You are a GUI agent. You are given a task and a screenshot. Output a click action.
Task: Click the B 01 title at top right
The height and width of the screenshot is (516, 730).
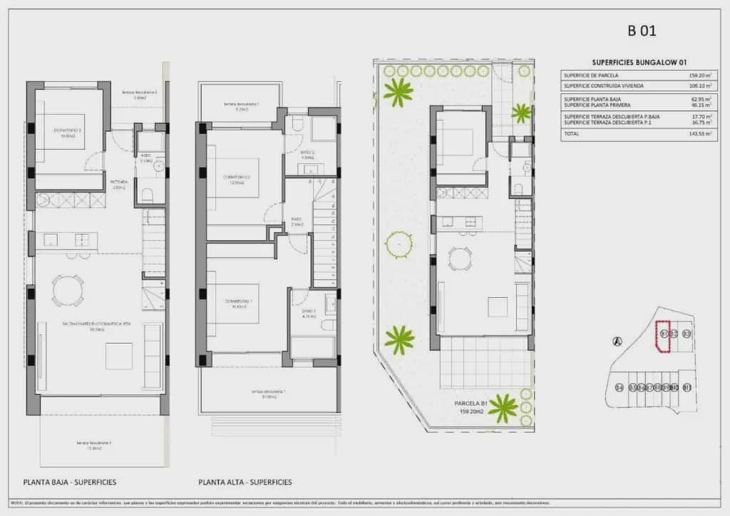click(x=641, y=31)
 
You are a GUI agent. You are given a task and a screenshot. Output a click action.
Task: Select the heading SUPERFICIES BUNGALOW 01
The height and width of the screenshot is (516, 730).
click(x=639, y=63)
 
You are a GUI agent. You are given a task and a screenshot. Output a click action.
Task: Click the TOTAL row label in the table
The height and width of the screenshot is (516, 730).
click(x=572, y=133)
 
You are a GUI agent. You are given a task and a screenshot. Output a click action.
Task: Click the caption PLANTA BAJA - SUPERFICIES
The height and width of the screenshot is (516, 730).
click(x=70, y=482)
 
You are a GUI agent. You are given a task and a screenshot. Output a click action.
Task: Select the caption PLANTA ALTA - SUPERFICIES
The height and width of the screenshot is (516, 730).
click(x=245, y=482)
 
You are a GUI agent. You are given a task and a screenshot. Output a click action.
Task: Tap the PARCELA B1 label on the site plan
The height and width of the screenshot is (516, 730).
click(x=471, y=403)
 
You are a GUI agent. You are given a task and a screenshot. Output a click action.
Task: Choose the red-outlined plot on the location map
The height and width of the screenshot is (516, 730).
click(x=663, y=336)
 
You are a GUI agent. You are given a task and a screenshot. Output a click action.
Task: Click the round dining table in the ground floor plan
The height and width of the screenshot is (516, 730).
click(x=68, y=289)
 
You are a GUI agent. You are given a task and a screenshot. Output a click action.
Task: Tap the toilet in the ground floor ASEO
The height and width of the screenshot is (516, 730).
click(x=148, y=195)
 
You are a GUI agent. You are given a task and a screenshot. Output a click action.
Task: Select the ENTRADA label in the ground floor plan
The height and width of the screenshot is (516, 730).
click(x=118, y=182)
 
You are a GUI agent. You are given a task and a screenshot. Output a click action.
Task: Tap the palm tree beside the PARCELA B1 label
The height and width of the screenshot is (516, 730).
click(x=503, y=407)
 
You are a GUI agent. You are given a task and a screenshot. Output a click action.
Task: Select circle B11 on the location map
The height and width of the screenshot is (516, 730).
click(x=687, y=388)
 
